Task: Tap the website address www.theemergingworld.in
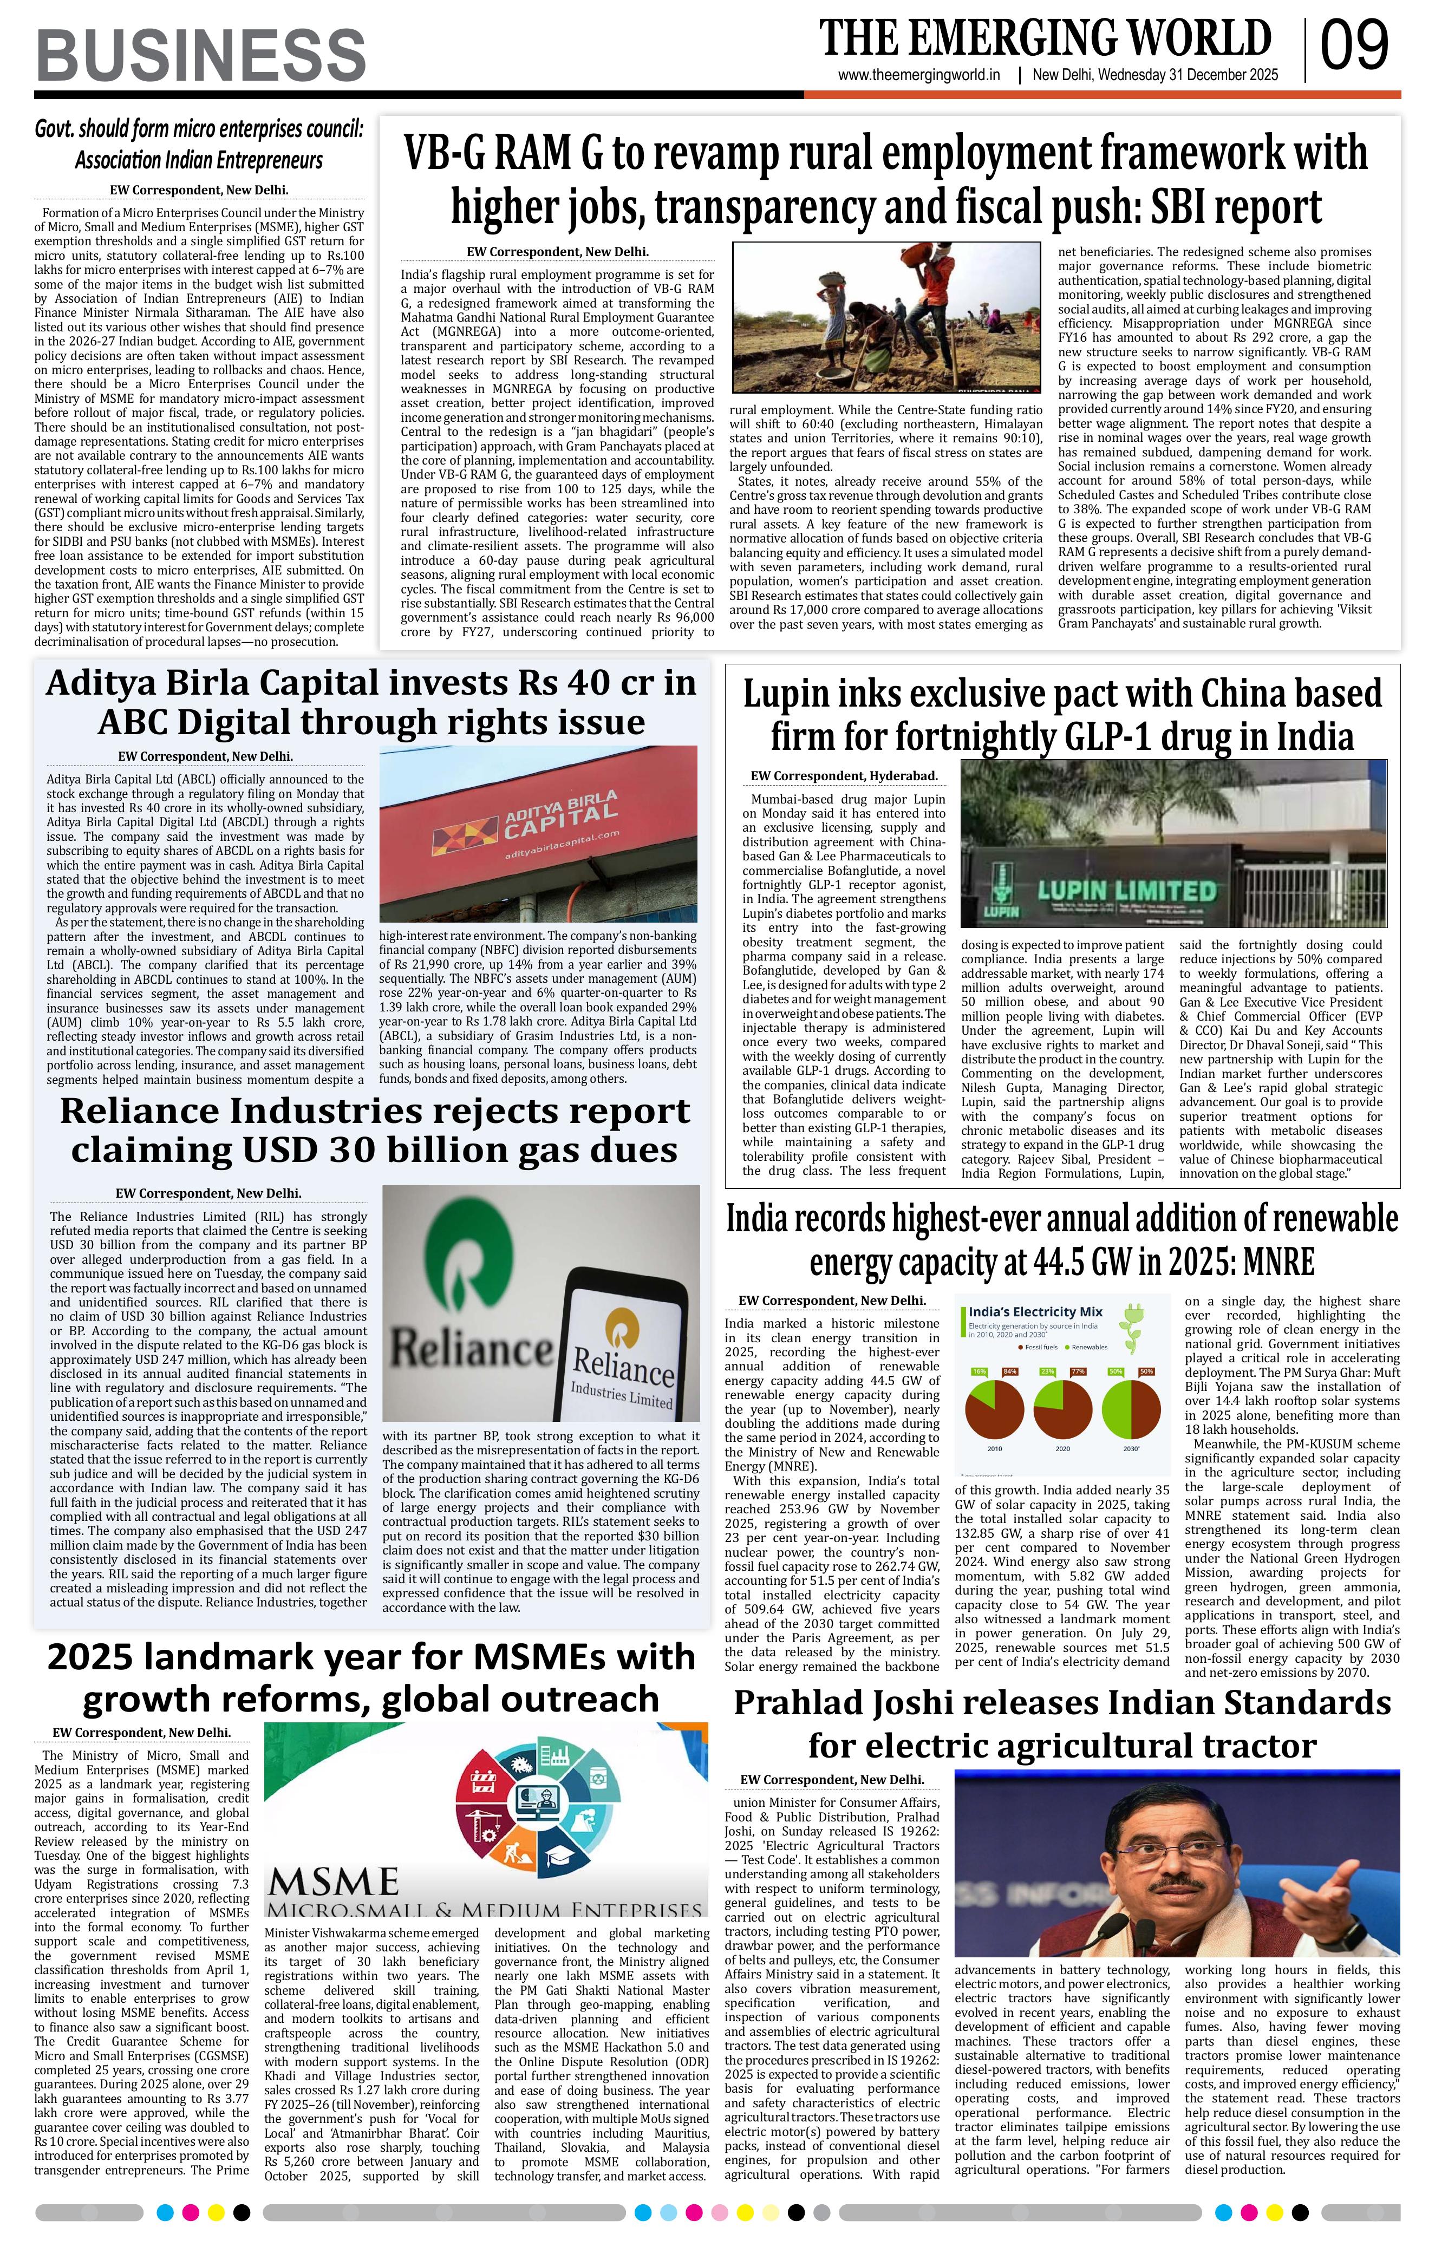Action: (919, 76)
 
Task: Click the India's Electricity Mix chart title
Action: (1035, 1311)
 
